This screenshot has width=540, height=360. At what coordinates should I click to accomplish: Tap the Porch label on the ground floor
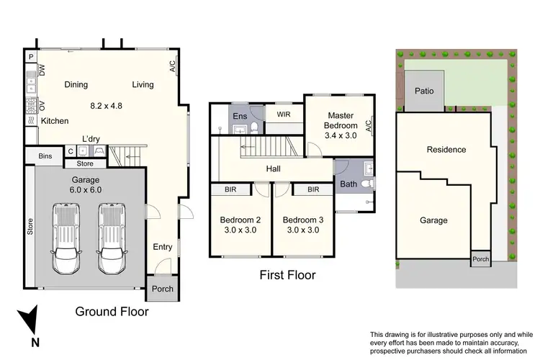163,290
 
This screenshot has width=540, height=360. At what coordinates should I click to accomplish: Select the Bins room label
45,156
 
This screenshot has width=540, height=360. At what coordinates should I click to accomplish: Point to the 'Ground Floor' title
112,312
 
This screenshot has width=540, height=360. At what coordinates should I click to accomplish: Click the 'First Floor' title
287,275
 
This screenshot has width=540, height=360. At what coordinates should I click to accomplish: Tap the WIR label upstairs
283,113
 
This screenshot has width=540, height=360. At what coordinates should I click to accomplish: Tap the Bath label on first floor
348,184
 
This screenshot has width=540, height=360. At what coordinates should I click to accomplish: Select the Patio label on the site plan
423,91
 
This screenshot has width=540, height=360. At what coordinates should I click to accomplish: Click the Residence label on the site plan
446,150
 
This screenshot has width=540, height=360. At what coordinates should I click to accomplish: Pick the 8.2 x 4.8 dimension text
106,105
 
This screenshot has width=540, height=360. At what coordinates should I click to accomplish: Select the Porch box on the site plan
480,259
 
